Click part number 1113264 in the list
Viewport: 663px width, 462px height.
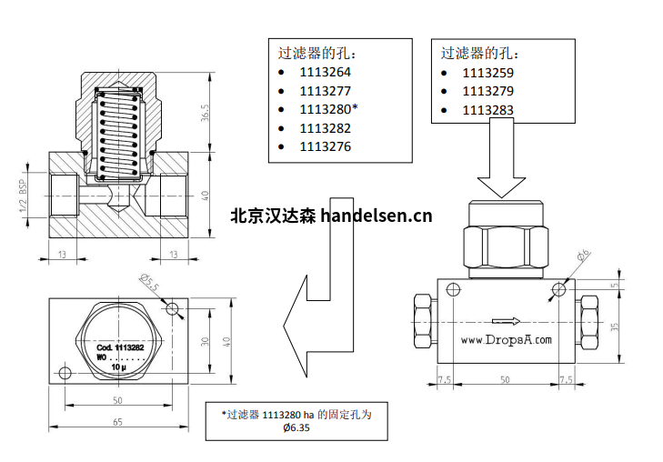(325, 71)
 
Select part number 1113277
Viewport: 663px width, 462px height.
(325, 90)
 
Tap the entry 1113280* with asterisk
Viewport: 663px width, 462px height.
(328, 109)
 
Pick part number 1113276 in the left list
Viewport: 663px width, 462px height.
(325, 146)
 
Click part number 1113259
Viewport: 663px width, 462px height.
(488, 72)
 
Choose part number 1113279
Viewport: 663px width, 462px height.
(488, 91)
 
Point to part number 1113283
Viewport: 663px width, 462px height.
(488, 110)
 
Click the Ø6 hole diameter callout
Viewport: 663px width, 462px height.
(584, 257)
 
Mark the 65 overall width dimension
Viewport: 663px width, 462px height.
(116, 423)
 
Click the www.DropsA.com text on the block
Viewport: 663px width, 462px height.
(507, 340)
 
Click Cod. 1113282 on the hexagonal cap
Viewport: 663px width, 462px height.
(114, 348)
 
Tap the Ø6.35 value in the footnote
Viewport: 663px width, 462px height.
(296, 427)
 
